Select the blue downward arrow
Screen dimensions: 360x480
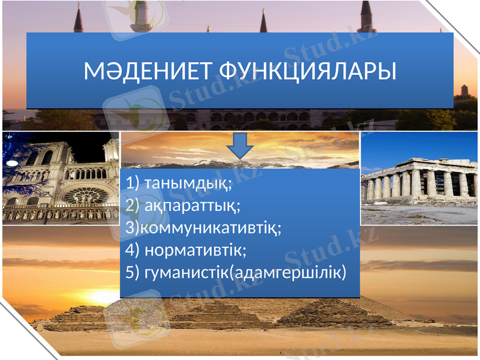coord(241,146)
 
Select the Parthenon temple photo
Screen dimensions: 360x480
coord(420,180)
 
